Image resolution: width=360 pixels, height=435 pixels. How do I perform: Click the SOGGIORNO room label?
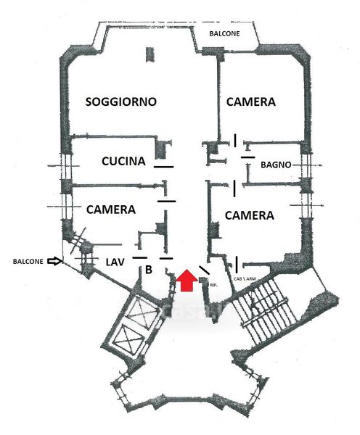click(120, 101)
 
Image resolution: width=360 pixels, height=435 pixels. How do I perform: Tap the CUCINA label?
click(123, 161)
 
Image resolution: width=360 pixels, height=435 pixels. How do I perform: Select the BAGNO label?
click(276, 165)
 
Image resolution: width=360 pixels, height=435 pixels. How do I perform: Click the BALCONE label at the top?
click(224, 33)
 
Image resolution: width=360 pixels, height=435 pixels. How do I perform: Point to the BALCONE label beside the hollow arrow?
click(28, 261)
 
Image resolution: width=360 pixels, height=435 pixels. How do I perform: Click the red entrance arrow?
click(187, 280)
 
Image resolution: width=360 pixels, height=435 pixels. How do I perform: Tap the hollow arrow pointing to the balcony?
click(54, 261)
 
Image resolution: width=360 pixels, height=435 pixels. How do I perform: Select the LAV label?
click(115, 262)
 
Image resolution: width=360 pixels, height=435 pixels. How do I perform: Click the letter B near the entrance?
click(149, 270)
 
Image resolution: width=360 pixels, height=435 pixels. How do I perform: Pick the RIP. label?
click(213, 285)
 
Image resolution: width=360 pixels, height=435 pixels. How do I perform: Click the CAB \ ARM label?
click(245, 278)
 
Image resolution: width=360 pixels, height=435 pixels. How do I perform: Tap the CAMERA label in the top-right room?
click(251, 101)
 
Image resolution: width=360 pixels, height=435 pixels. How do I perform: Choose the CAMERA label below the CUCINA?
click(111, 210)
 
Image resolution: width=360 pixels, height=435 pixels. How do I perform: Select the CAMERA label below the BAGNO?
click(250, 215)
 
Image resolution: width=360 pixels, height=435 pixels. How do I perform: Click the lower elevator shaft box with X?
click(127, 339)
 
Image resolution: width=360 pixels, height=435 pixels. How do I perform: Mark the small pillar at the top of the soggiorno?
click(150, 54)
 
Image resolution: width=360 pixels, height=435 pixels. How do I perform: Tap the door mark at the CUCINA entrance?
click(164, 167)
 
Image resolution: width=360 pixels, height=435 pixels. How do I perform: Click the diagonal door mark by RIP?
click(205, 270)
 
